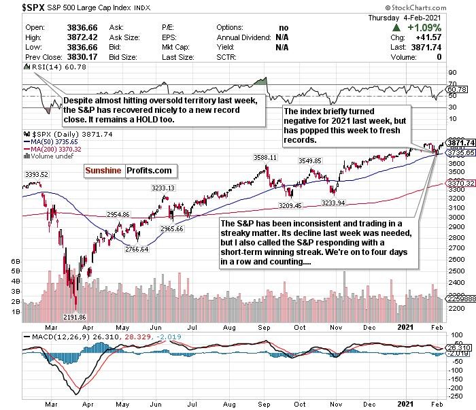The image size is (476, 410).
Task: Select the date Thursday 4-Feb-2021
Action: tap(428, 18)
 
